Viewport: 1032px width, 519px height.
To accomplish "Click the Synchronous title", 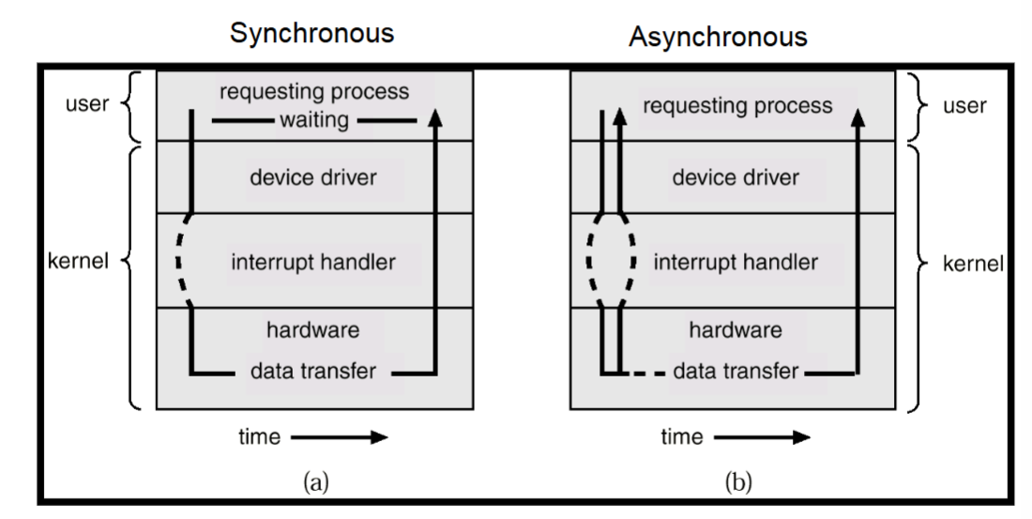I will tap(314, 33).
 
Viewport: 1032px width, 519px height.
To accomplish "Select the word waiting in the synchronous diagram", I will tap(314, 120).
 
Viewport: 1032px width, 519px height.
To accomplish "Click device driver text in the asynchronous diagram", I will tap(736, 176).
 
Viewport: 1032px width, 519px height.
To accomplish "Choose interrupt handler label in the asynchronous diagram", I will tap(736, 261).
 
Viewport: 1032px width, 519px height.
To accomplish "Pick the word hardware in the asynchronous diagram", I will tap(736, 330).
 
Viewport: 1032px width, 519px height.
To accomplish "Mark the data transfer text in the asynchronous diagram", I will tap(736, 372).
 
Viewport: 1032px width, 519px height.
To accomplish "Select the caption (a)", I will tap(314, 485).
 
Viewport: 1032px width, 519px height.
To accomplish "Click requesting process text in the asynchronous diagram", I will tap(737, 105).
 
